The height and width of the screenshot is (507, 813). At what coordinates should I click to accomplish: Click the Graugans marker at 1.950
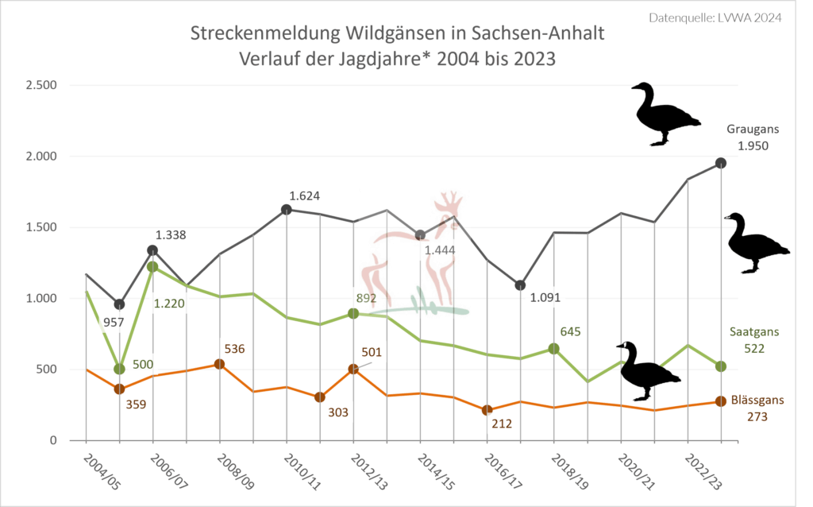tap(721, 163)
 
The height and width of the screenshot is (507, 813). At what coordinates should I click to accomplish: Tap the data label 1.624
tap(306, 195)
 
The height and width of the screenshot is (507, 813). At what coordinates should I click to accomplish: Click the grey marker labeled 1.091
tap(520, 285)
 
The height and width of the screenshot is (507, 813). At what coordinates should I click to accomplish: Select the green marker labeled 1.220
tap(152, 267)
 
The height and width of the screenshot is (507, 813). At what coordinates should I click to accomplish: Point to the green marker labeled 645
tap(554, 349)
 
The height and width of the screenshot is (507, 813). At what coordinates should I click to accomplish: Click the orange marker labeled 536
tap(220, 364)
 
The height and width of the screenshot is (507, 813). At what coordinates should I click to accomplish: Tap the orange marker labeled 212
tap(487, 410)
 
